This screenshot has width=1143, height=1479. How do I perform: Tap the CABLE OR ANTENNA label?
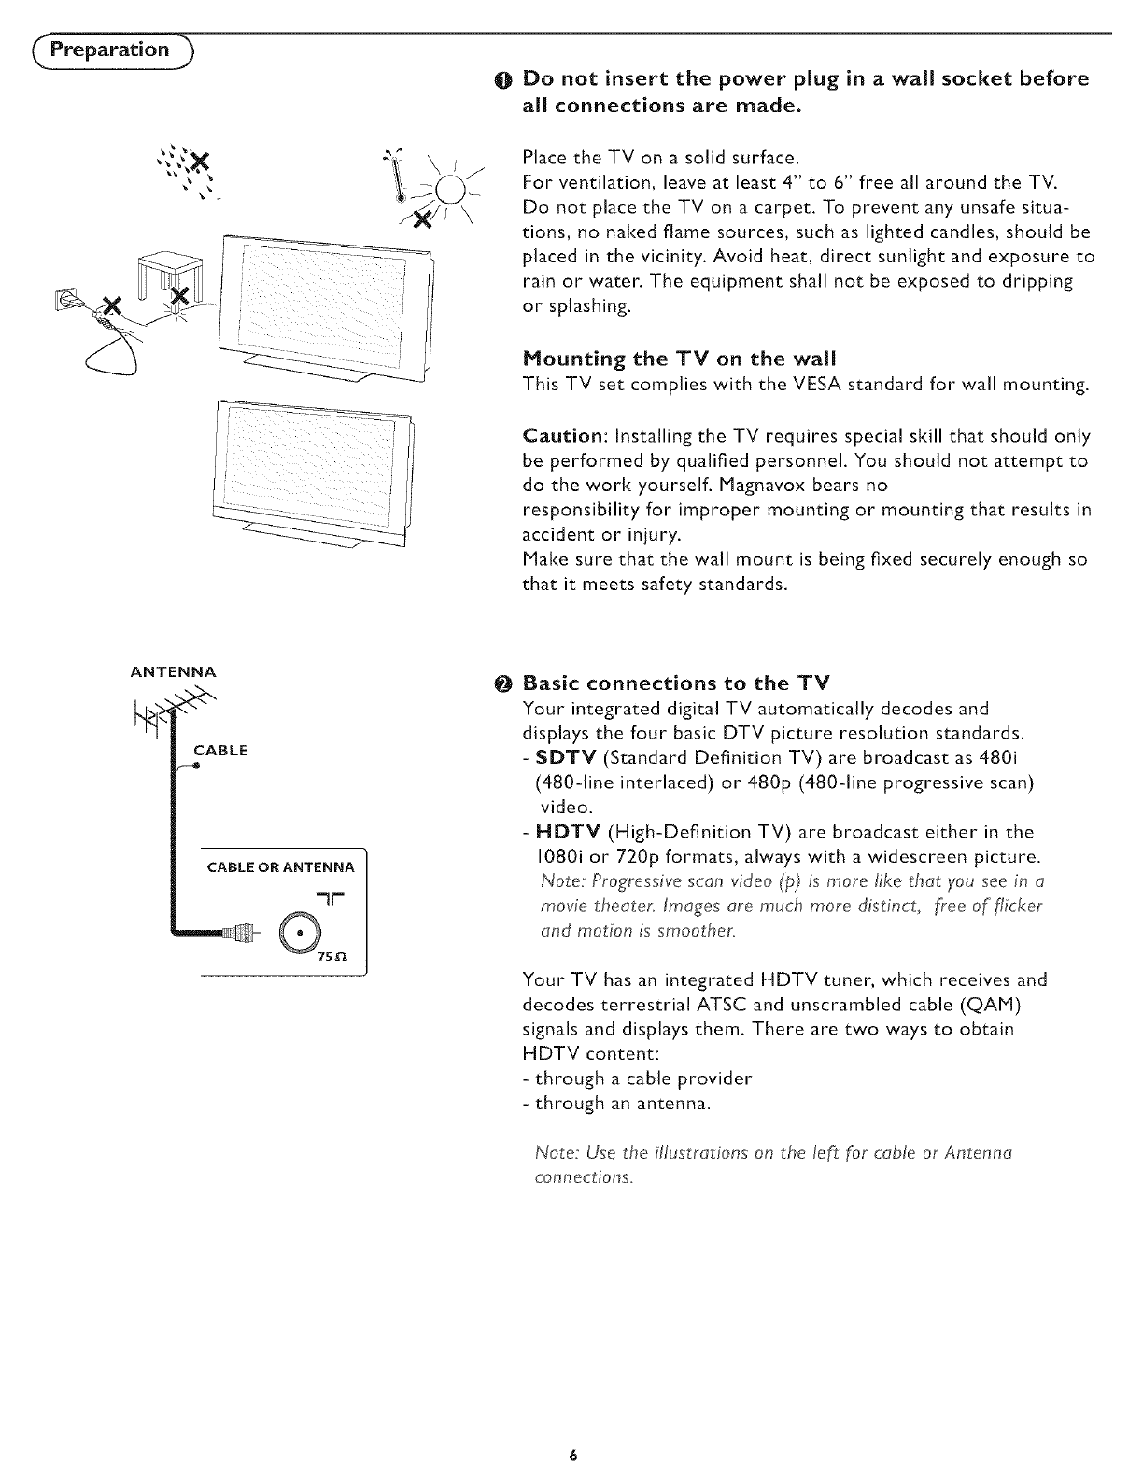pos(279,867)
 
